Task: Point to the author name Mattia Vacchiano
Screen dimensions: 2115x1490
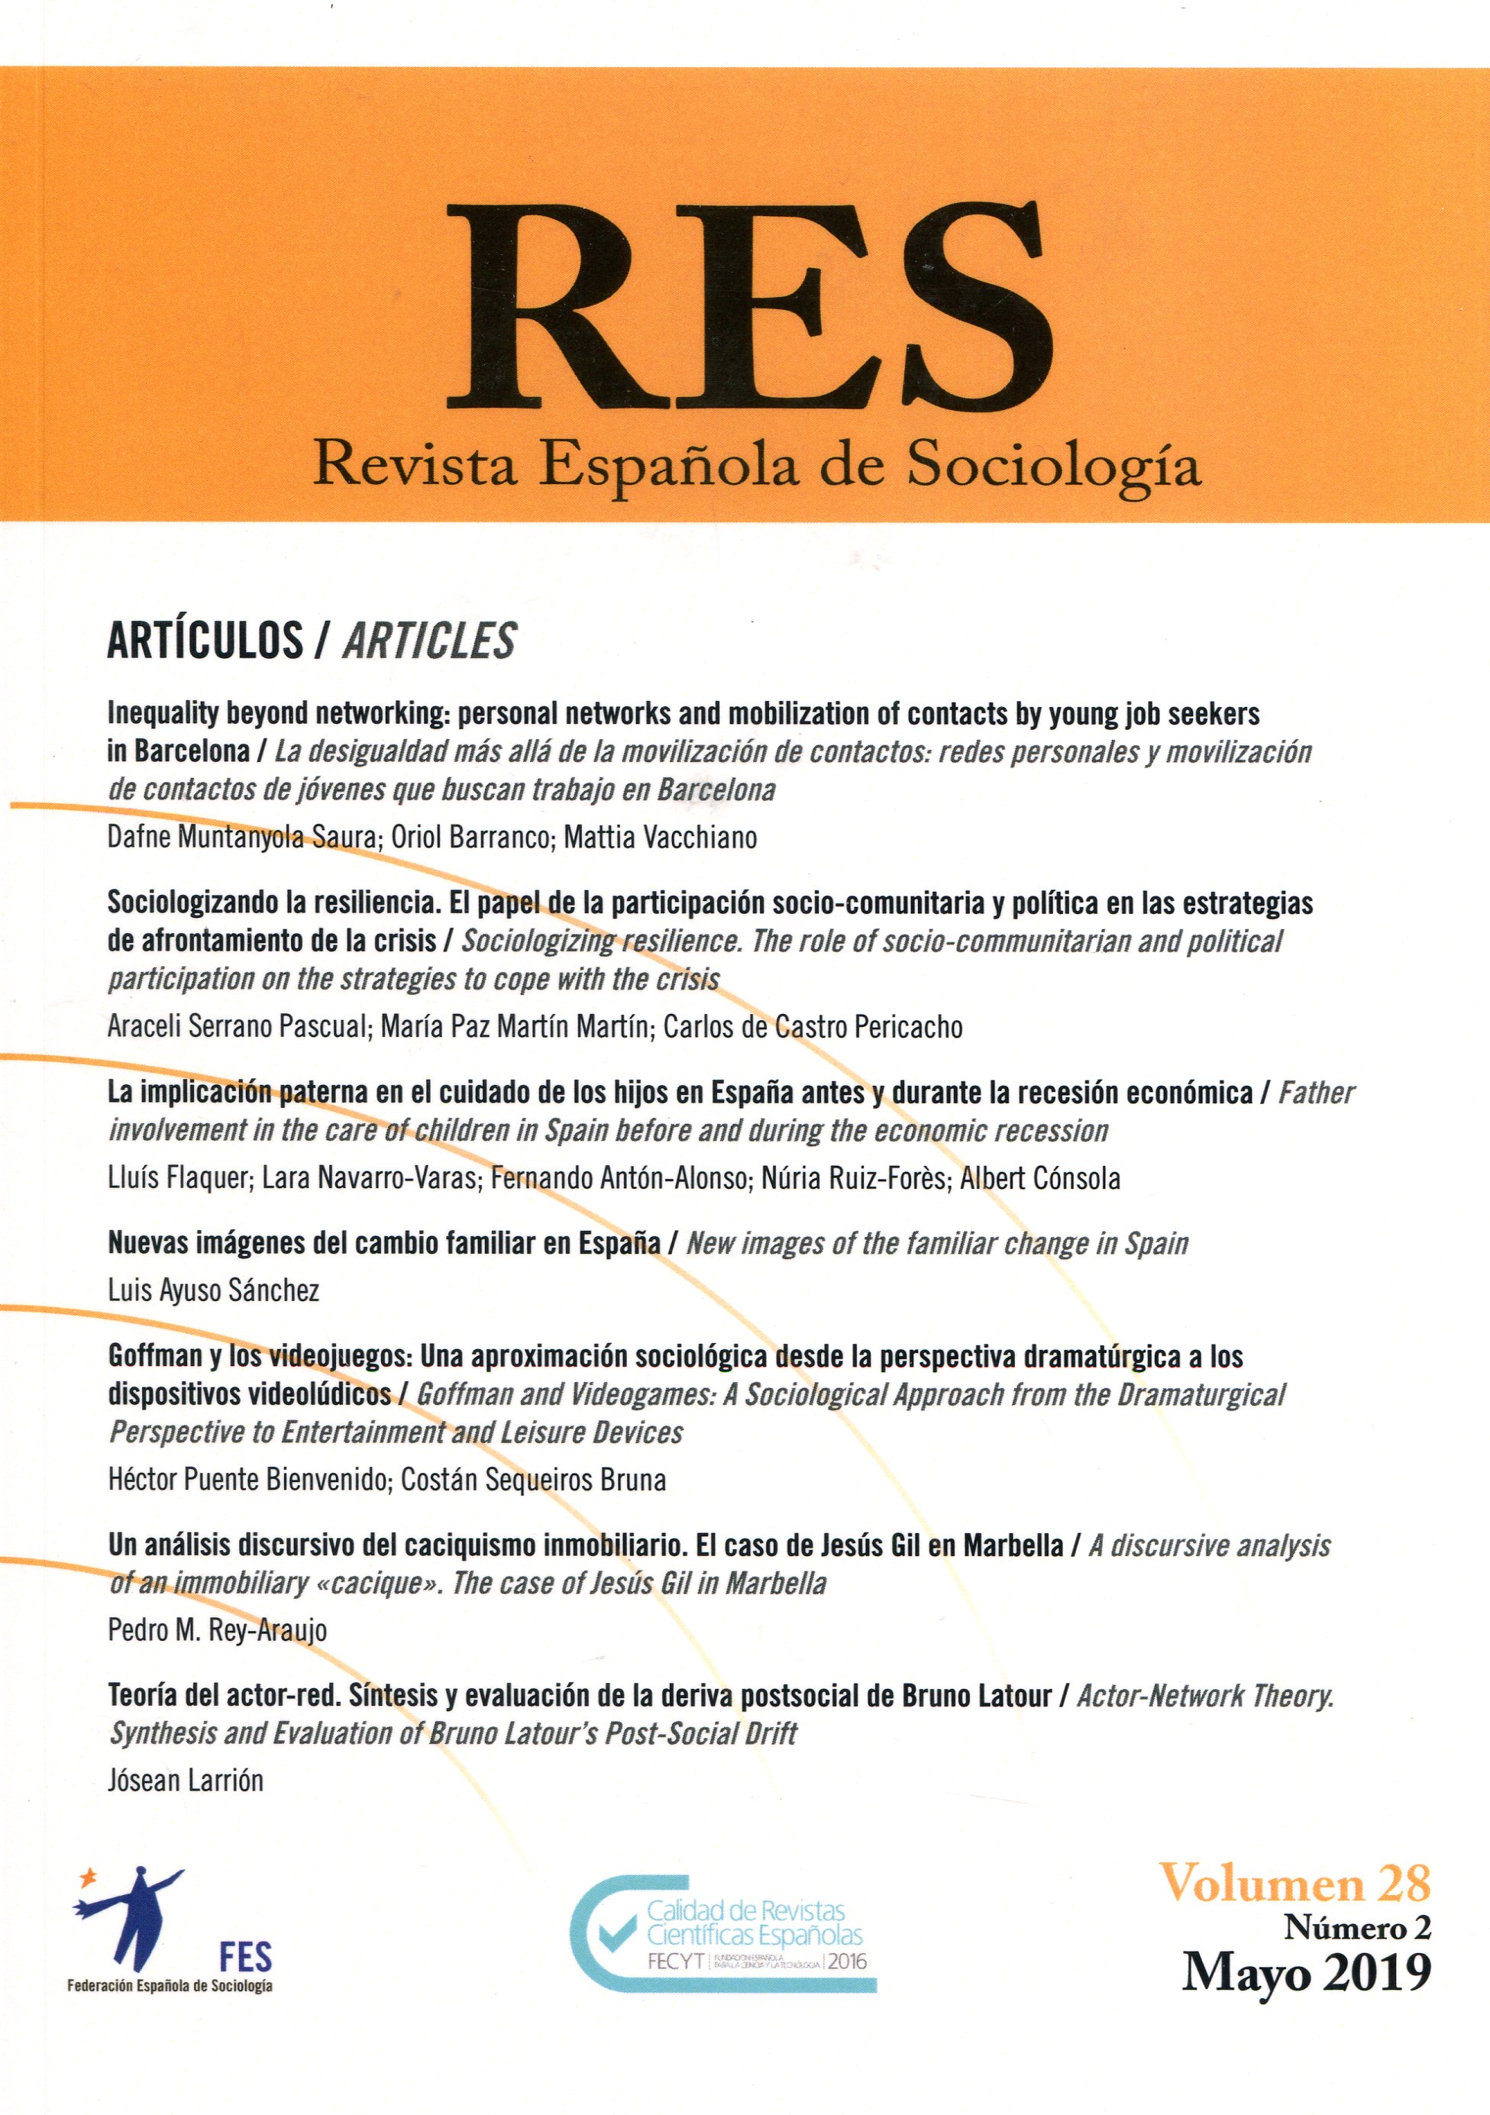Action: pyautogui.click(x=660, y=838)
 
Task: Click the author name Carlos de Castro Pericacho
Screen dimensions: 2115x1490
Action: pyautogui.click(x=813, y=1026)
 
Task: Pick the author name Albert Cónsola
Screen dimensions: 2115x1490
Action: pyautogui.click(x=1039, y=1178)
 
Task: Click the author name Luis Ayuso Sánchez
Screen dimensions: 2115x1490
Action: pyautogui.click(x=214, y=1290)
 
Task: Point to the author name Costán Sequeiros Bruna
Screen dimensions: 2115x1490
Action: pyautogui.click(x=534, y=1480)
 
